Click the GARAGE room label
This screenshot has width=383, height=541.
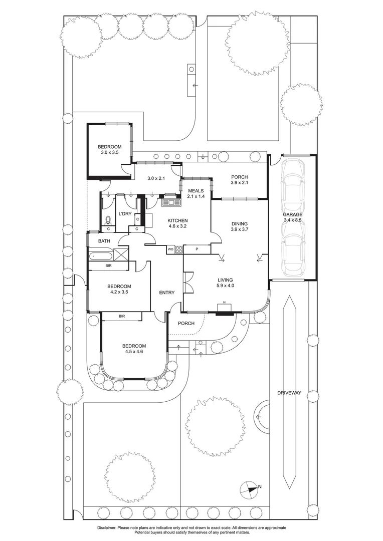pyautogui.click(x=293, y=214)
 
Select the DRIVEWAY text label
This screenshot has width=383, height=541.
pyautogui.click(x=289, y=393)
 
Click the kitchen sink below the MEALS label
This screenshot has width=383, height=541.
pyautogui.click(x=171, y=202)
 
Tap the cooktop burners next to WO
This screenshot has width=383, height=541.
pyautogui.click(x=179, y=249)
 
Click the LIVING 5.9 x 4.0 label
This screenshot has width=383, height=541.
pyautogui.click(x=225, y=283)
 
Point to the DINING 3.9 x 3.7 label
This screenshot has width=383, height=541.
pyautogui.click(x=239, y=226)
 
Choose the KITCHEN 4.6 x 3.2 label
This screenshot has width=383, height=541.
pyautogui.click(x=177, y=223)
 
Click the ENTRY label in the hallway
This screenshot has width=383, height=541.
pyautogui.click(x=167, y=293)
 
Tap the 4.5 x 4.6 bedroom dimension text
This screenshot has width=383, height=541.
pyautogui.click(x=134, y=352)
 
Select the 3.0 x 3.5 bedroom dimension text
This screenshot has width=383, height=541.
pyautogui.click(x=110, y=152)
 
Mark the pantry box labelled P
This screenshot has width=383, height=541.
pyautogui.click(x=197, y=249)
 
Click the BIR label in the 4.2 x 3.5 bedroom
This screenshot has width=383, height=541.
pyautogui.click(x=108, y=265)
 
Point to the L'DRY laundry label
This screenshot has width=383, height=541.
pyautogui.click(x=125, y=213)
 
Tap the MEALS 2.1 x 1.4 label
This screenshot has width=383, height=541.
pyautogui.click(x=196, y=193)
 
